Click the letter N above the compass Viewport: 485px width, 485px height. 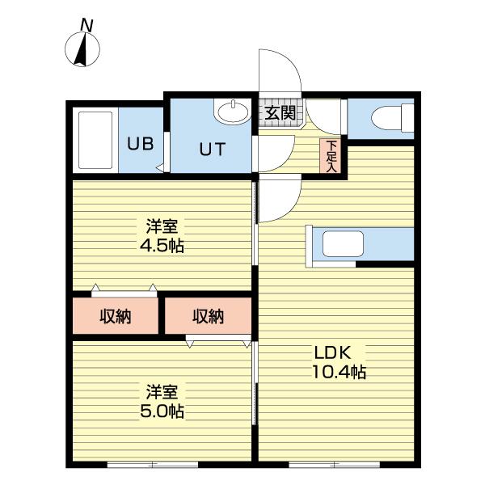point(86,25)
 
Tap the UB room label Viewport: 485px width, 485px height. point(140,144)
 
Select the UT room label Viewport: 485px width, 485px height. point(212,149)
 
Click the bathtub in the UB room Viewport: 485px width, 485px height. point(95,140)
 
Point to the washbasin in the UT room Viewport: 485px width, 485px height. point(233,112)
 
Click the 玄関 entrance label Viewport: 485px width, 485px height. point(280,112)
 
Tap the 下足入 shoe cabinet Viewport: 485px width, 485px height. point(331,156)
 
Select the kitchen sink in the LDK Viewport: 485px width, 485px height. point(343,244)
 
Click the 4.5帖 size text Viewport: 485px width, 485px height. point(162,246)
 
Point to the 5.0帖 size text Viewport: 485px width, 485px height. point(162,411)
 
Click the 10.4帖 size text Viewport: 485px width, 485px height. point(339,372)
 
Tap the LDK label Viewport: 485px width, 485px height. point(332,352)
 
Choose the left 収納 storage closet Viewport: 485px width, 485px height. point(116,316)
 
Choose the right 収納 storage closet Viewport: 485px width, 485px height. point(208,316)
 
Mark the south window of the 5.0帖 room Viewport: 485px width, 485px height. point(153,464)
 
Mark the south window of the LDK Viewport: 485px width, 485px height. point(334,464)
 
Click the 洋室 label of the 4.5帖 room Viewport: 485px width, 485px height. point(162,226)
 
